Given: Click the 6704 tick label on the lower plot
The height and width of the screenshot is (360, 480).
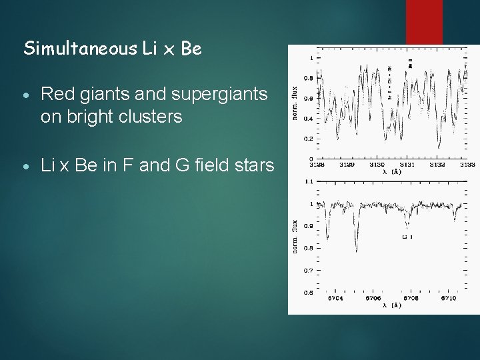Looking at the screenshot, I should pos(335,298).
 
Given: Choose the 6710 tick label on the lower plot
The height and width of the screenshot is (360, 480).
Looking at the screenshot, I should pos(448,298).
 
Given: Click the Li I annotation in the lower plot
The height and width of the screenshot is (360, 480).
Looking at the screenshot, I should pos(408,237).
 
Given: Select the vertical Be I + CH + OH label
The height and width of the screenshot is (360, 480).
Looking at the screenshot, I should pos(389,83).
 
